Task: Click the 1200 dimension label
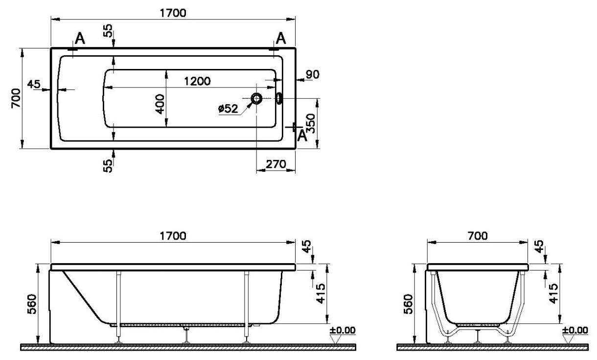197,81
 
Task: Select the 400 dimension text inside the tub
160,104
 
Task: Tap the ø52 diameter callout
228,109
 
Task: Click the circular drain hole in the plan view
256,99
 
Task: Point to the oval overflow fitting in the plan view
279,98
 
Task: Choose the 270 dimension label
276,164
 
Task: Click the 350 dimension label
311,123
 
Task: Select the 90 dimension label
312,74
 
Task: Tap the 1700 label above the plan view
173,13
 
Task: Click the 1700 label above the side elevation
173,236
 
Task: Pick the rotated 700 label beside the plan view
16,98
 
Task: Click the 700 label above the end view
477,236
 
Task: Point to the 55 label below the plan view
108,166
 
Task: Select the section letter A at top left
80,39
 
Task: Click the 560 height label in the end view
408,304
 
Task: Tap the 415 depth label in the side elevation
321,293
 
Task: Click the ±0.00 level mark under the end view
575,331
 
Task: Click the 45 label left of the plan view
34,84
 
